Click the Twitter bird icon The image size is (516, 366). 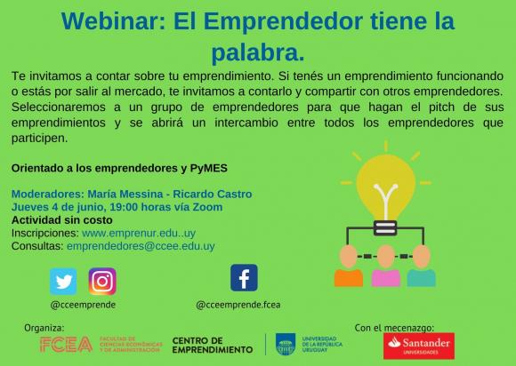pyautogui.click(x=63, y=282)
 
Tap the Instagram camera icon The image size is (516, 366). pyautogui.click(x=102, y=282)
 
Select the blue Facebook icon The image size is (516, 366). pyautogui.click(x=244, y=278)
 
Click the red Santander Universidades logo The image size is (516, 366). pyautogui.click(x=419, y=346)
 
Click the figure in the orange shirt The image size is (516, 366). pyautogui.click(x=349, y=267)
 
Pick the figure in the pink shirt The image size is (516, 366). pyautogui.click(x=386, y=267)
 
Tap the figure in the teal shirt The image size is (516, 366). pyautogui.click(x=421, y=267)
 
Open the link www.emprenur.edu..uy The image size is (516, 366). pyautogui.click(x=139, y=234)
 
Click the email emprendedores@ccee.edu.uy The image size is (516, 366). pyautogui.click(x=141, y=246)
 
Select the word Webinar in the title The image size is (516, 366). pyautogui.click(x=113, y=21)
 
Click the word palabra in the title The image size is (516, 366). pyautogui.click(x=258, y=52)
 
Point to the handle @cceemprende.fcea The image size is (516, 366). pyautogui.click(x=238, y=305)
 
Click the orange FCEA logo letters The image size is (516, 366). pyautogui.click(x=66, y=345)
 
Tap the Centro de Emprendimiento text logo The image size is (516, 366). pyautogui.click(x=213, y=346)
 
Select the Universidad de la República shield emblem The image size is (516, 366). pyautogui.click(x=286, y=345)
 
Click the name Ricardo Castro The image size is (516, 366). pyautogui.click(x=213, y=195)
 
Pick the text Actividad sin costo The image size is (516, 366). pyautogui.click(x=62, y=220)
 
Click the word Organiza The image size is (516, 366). pyautogui.click(x=44, y=328)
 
